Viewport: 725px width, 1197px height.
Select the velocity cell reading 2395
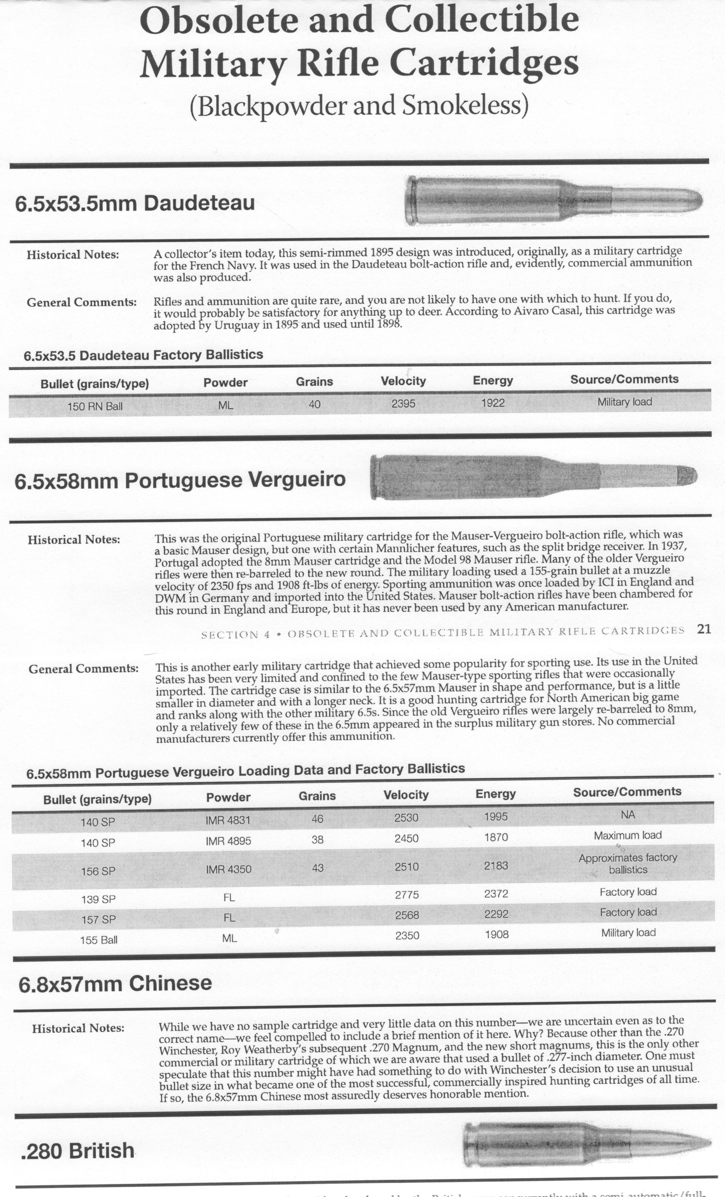[x=403, y=403]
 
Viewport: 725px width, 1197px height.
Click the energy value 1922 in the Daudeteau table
[x=493, y=403]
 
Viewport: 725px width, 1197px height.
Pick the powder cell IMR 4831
[x=228, y=820]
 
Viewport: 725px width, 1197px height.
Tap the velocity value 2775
[x=407, y=895]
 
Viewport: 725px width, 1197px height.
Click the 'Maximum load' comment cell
[x=627, y=836]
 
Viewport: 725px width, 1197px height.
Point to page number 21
[x=704, y=630]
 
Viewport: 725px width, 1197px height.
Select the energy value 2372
[x=496, y=894]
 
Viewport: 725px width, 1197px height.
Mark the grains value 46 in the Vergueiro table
[x=317, y=819]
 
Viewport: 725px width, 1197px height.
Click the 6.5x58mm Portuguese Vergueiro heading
[x=180, y=480]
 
